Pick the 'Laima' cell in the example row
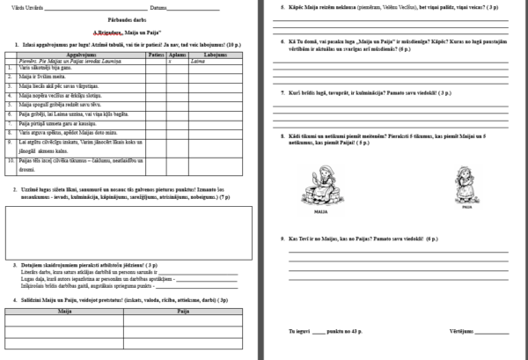(198, 61)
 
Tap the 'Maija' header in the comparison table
(67, 311)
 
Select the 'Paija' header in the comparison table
(183, 311)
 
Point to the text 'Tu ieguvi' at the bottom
(300, 331)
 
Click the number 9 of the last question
(282, 239)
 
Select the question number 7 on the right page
(282, 92)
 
